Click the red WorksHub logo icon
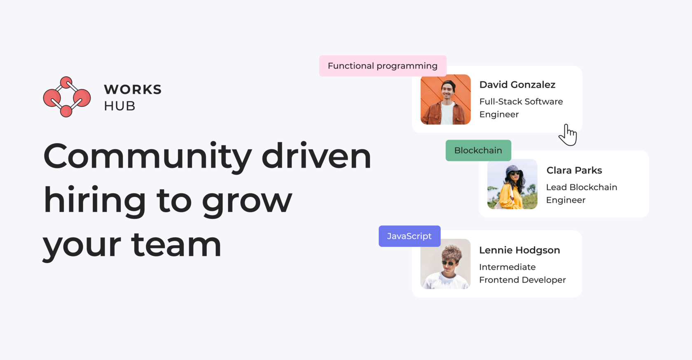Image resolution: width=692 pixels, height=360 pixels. [67, 97]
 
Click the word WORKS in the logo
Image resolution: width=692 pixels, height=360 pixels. [133, 89]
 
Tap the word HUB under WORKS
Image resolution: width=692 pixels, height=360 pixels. [119, 106]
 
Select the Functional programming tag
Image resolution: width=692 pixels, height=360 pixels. [383, 66]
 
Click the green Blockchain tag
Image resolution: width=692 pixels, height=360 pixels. [478, 150]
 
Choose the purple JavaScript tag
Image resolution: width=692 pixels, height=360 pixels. [409, 236]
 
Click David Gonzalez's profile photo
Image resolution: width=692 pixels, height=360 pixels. [446, 100]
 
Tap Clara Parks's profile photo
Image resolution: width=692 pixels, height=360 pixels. [512, 184]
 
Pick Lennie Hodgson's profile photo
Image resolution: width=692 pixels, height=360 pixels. [446, 264]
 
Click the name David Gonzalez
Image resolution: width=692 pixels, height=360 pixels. [517, 85]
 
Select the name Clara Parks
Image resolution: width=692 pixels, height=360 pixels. [574, 170]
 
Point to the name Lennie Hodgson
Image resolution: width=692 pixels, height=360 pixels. [520, 250]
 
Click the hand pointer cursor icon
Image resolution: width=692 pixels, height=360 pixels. [568, 135]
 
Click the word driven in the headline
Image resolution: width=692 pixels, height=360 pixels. [316, 155]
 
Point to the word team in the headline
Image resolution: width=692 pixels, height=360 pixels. [176, 244]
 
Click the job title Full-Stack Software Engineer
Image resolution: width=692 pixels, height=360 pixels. [521, 108]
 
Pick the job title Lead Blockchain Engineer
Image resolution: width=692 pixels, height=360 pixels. [582, 194]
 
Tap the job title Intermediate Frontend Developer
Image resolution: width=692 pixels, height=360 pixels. [522, 273]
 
